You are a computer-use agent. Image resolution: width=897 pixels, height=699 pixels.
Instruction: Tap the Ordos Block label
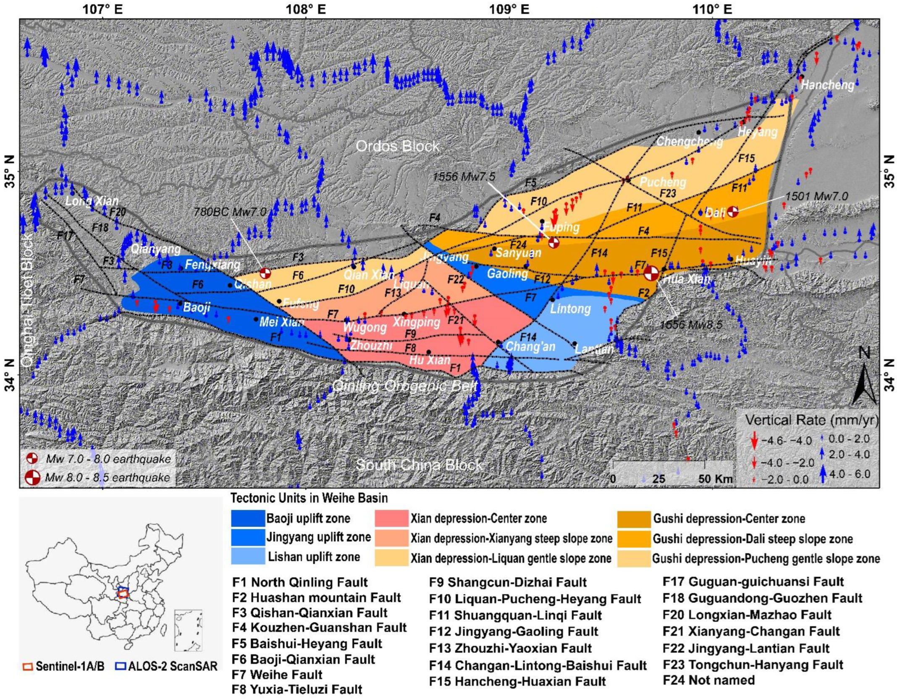(397, 146)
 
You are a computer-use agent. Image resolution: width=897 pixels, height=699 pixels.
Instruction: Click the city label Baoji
(197, 307)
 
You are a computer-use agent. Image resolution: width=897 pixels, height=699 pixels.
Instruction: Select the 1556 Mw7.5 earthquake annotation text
(464, 176)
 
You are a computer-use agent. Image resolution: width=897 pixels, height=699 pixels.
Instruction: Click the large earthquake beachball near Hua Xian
(651, 273)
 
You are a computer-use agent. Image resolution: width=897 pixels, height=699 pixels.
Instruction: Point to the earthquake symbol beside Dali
(733, 211)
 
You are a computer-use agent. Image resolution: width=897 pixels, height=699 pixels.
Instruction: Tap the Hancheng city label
(827, 85)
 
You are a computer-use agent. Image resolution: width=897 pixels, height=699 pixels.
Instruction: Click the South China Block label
(419, 465)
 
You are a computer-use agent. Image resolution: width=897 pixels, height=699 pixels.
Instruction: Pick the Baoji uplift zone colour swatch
(248, 518)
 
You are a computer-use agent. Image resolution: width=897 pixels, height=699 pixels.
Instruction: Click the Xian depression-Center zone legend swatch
(391, 518)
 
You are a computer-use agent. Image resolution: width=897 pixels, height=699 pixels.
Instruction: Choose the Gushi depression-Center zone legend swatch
(634, 518)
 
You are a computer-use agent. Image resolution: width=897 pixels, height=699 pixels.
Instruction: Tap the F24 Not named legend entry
(708, 680)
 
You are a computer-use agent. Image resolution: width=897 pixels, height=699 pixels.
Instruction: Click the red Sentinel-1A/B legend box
(28, 666)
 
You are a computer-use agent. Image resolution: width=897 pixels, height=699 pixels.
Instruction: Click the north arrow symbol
(864, 382)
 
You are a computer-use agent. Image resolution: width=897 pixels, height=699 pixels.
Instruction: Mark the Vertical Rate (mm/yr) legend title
(811, 420)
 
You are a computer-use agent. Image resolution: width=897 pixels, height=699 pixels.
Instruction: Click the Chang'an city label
(530, 347)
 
